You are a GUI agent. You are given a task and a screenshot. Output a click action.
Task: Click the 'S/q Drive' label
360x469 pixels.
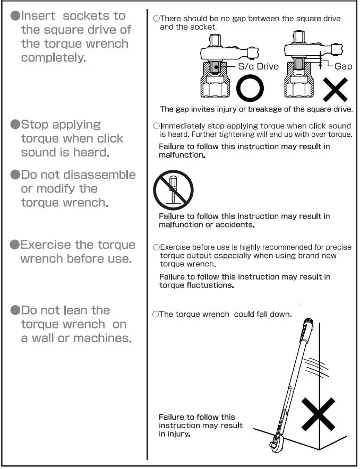[258, 66]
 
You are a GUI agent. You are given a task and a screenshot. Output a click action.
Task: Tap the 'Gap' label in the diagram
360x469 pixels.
[343, 66]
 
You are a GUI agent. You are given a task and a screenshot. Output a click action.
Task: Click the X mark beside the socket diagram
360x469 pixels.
[336, 89]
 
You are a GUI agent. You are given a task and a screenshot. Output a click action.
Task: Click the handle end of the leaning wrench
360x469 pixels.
[308, 324]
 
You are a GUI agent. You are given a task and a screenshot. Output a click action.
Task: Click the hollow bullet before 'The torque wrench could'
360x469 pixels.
[156, 315]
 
